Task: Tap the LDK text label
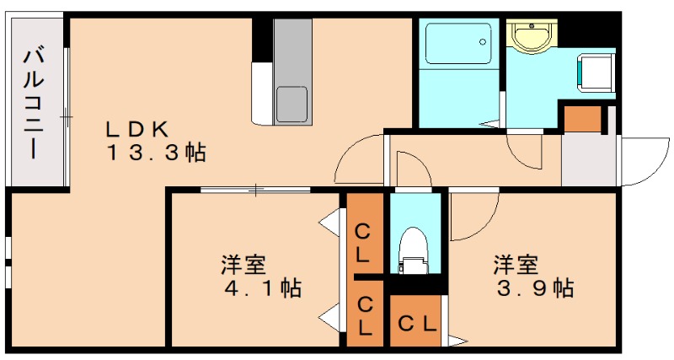[x=138, y=129]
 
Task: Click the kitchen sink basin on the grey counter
[x=292, y=103]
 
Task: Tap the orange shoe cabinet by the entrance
[x=582, y=119]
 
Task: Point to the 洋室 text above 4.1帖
[x=244, y=264]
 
